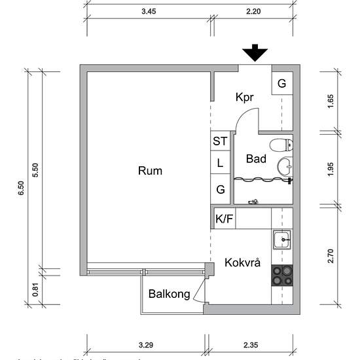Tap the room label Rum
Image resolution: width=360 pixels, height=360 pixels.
click(150, 171)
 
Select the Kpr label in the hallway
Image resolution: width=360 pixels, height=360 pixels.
click(244, 97)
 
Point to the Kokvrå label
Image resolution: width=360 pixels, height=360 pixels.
click(242, 263)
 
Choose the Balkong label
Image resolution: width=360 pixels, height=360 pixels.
click(169, 295)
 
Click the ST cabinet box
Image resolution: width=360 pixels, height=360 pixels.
click(220, 141)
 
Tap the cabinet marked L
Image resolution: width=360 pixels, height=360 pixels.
click(220, 163)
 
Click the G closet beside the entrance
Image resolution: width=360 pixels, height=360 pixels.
click(281, 83)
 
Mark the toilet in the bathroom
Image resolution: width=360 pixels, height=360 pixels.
click(282, 145)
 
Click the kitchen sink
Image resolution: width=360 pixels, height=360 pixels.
click(282, 240)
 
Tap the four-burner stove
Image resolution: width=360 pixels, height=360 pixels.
click(282, 275)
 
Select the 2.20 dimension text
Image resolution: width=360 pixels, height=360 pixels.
click(253, 11)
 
